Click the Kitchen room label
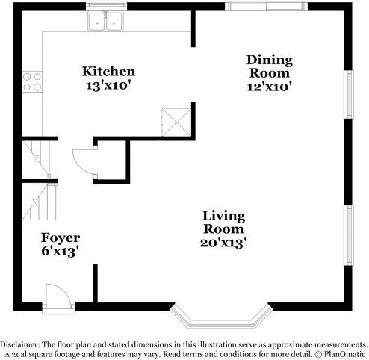click(x=108, y=72)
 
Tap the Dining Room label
click(x=269, y=66)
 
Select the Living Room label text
click(x=223, y=223)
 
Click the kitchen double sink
click(x=106, y=22)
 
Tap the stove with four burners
click(x=31, y=81)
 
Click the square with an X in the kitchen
click(x=177, y=121)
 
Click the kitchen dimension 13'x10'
click(x=108, y=85)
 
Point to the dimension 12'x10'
click(x=269, y=86)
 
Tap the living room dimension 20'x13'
click(x=223, y=242)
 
